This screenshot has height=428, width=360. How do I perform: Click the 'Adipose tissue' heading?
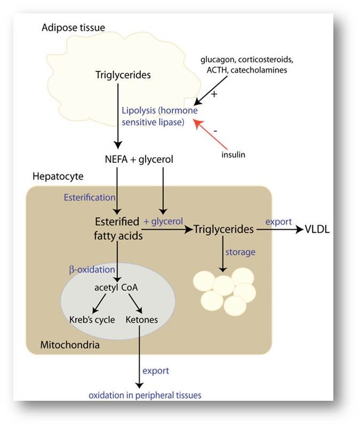73,27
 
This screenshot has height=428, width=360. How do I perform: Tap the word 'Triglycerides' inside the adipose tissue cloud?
123,75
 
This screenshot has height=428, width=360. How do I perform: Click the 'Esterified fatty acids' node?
118,228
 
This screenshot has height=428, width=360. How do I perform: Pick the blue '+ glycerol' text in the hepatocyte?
163,221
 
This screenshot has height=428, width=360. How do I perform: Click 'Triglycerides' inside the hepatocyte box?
223,229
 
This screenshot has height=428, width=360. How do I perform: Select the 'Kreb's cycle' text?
91,320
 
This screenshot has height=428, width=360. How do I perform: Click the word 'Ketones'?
142,320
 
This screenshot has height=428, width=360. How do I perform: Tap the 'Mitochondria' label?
70,345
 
